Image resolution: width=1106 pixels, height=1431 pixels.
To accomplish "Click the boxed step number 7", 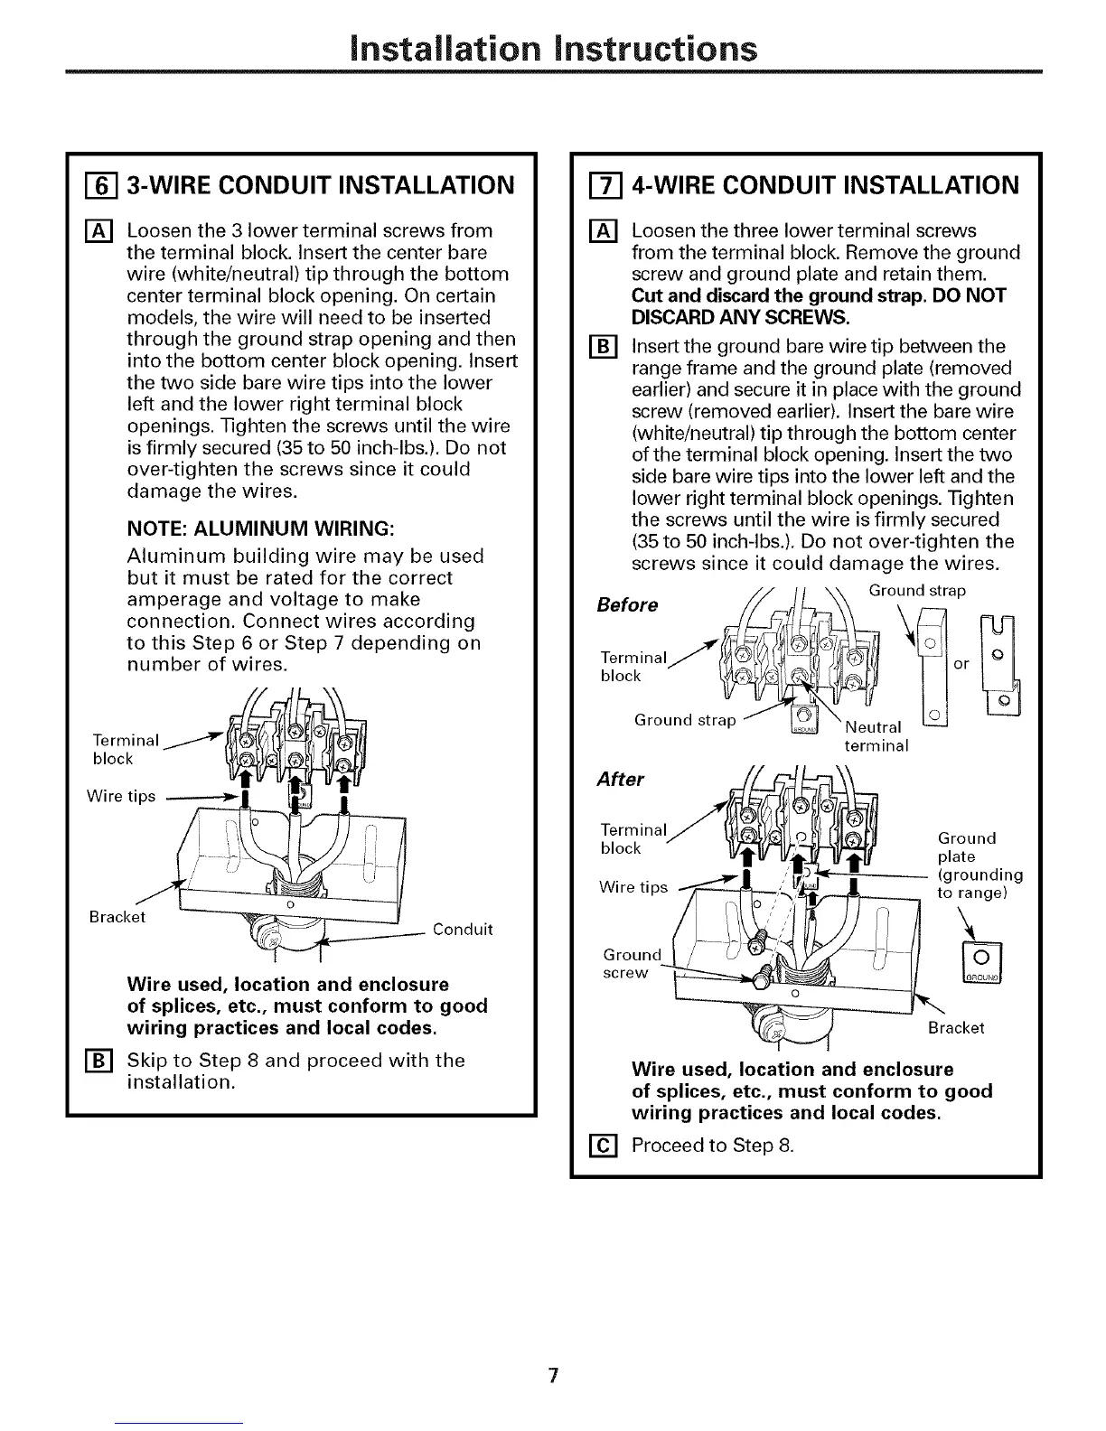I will pyautogui.click(x=588, y=185).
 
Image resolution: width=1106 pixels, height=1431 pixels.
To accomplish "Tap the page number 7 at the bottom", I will pyautogui.click(x=553, y=1377).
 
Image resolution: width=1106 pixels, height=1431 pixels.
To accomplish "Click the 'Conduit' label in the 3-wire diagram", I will pyautogui.click(x=463, y=930).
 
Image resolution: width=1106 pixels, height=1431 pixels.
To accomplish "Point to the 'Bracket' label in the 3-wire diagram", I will pyautogui.click(x=117, y=917).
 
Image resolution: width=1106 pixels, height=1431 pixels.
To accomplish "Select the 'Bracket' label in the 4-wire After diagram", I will pyautogui.click(x=956, y=1028).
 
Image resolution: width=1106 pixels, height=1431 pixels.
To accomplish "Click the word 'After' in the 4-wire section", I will pyautogui.click(x=621, y=779).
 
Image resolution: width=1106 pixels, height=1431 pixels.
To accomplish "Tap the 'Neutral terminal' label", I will pyautogui.click(x=875, y=736).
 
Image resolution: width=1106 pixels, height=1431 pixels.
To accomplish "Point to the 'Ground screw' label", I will pyautogui.click(x=632, y=964).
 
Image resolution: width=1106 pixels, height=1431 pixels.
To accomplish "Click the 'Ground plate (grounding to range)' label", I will pyautogui.click(x=979, y=865).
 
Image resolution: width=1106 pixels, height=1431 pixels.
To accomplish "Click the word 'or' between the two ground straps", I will pyautogui.click(x=961, y=664).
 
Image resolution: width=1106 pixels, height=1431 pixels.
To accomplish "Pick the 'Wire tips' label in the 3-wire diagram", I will pyautogui.click(x=121, y=796).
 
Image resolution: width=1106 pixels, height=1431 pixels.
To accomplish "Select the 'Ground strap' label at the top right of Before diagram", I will pyautogui.click(x=916, y=591).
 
